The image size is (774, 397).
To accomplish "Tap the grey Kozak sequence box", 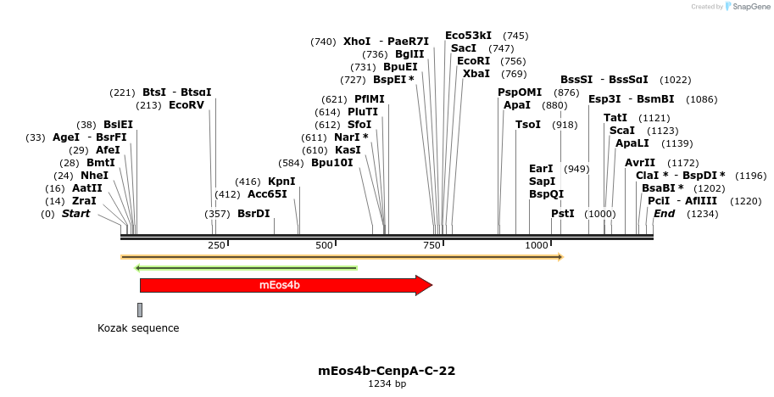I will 140,310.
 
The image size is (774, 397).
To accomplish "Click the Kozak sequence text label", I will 138,328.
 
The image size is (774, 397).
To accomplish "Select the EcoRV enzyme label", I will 187,105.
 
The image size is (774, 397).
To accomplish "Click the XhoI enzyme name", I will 357,41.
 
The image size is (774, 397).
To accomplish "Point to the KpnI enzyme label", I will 281,181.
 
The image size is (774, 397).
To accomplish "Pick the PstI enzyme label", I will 563,213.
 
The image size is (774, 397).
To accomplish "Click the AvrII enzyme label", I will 640,162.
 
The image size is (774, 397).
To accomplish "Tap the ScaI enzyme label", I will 622,131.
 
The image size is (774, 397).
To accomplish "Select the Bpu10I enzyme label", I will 331,162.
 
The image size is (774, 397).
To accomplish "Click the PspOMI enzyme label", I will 520,92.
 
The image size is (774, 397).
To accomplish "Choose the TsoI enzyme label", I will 528,125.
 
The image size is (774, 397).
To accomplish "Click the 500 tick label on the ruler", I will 324,245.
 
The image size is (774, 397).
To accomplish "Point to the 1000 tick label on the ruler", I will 537,245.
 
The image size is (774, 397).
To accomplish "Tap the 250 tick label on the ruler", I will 216,245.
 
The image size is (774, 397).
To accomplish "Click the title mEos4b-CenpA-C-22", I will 387,371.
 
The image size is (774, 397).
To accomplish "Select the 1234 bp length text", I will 387,384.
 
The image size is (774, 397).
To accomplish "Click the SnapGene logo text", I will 749,7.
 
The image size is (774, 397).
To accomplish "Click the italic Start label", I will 75,213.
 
